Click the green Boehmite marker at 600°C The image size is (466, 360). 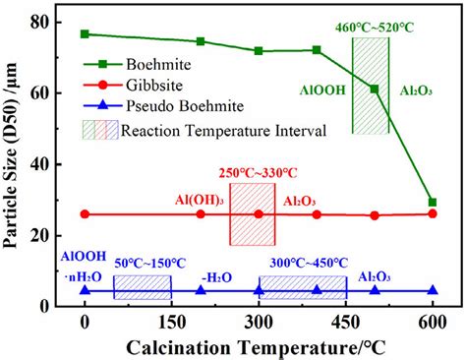click(x=433, y=203)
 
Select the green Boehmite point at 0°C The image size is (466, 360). click(x=86, y=34)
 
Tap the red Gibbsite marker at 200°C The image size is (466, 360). click(x=202, y=213)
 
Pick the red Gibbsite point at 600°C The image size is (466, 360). click(x=433, y=213)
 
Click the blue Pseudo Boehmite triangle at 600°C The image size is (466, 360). click(x=433, y=290)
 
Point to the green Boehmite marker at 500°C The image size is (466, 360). click(x=375, y=90)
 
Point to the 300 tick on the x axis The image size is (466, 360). click(x=260, y=322)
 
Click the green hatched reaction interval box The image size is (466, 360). click(x=371, y=86)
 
